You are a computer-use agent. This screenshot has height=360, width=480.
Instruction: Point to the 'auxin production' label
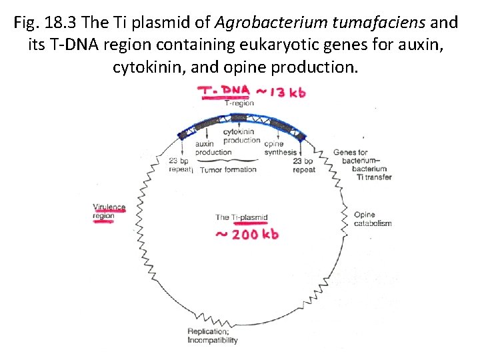pyautogui.click(x=213, y=148)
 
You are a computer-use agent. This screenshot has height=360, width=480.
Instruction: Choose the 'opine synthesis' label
pyautogui.click(x=280, y=148)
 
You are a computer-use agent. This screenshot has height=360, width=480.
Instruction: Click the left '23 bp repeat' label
pyautogui.click(x=181, y=165)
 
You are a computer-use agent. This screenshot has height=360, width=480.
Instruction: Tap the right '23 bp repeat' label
pyautogui.click(x=304, y=165)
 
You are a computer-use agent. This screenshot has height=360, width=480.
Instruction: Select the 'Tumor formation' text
pyautogui.click(x=228, y=169)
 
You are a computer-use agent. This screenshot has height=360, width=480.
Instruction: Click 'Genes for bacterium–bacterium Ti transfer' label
pyautogui.click(x=362, y=165)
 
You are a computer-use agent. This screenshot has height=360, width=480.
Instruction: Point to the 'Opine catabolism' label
pyautogui.click(x=372, y=219)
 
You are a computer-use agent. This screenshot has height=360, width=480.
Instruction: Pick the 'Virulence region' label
pyautogui.click(x=109, y=211)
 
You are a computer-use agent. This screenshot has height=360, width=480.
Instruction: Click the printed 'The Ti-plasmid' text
pyautogui.click(x=241, y=217)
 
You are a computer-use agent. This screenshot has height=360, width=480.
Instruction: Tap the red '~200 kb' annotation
pyautogui.click(x=247, y=233)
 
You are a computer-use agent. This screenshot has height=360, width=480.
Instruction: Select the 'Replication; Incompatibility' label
pyautogui.click(x=212, y=336)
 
